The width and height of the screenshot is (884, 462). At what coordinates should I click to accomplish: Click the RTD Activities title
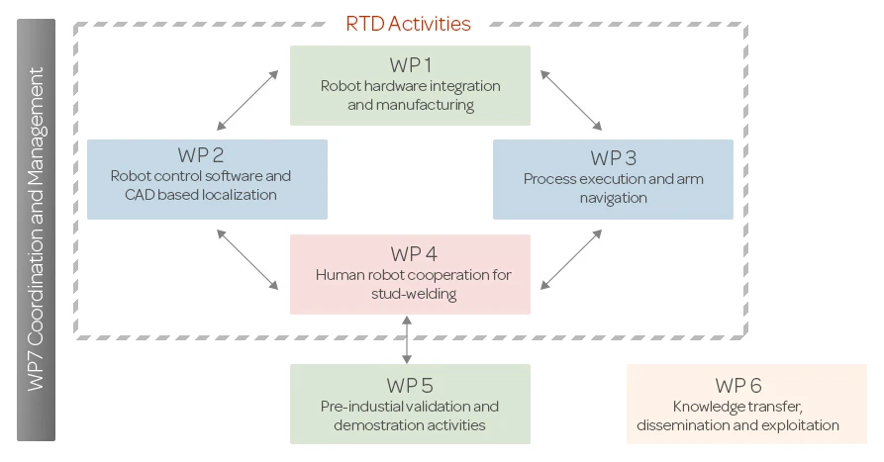[x=408, y=24]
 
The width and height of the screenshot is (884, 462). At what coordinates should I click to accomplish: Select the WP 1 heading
[x=411, y=65]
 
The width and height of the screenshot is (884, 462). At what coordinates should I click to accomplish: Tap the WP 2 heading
[x=201, y=155]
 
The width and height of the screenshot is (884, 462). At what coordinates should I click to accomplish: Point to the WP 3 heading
[x=614, y=158]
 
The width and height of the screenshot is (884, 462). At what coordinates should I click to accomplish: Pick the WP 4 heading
[x=414, y=254]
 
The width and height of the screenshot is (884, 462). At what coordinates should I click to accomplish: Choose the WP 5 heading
[x=410, y=386]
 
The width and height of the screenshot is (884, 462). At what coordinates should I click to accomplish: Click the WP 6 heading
[x=738, y=386]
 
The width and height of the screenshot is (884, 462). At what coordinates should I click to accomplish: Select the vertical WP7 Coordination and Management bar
[x=36, y=230]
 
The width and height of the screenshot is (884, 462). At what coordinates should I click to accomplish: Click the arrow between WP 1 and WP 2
[x=247, y=100]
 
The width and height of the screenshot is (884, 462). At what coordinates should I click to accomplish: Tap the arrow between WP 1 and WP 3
[x=571, y=100]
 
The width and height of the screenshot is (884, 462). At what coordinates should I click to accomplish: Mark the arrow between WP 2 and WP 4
[x=247, y=260]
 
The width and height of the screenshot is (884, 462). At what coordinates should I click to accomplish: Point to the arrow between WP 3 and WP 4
[x=571, y=260]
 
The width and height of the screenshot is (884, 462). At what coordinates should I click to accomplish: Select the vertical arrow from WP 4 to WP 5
[x=407, y=339]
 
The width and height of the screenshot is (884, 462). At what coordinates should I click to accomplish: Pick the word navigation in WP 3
[x=614, y=198]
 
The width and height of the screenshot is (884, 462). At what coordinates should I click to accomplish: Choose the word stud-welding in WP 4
[x=414, y=294]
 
